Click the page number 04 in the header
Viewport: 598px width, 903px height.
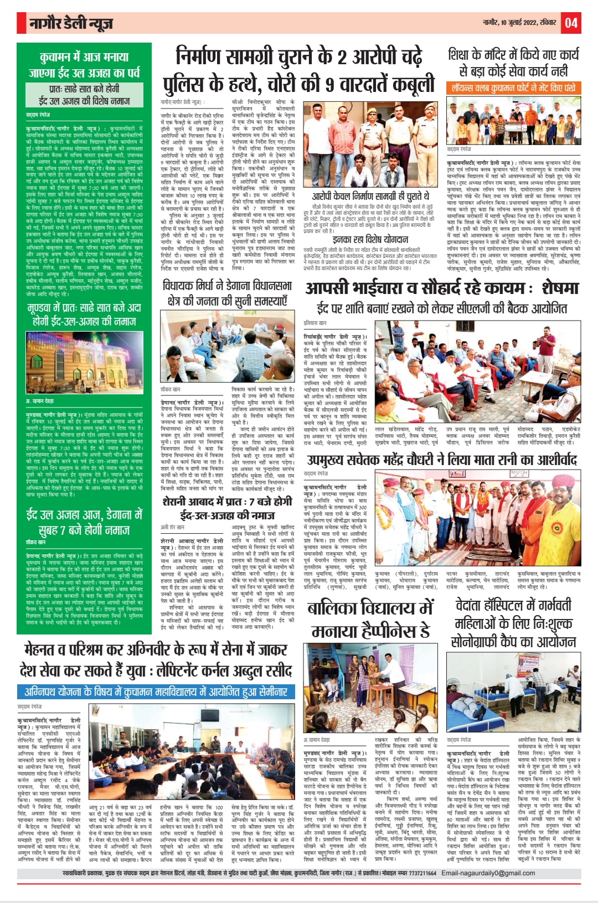point(571,23)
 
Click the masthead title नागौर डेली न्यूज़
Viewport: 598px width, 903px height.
point(71,23)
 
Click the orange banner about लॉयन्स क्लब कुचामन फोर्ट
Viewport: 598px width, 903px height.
point(513,87)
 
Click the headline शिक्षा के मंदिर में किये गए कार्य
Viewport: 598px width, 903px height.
point(513,63)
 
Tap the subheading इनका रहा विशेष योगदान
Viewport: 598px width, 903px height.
point(370,240)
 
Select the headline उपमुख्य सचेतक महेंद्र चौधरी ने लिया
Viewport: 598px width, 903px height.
point(441,460)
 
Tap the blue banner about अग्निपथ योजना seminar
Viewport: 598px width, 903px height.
point(157,692)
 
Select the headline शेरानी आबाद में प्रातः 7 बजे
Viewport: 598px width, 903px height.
point(227,508)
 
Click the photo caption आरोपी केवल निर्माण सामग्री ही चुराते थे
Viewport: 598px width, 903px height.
point(370,196)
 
